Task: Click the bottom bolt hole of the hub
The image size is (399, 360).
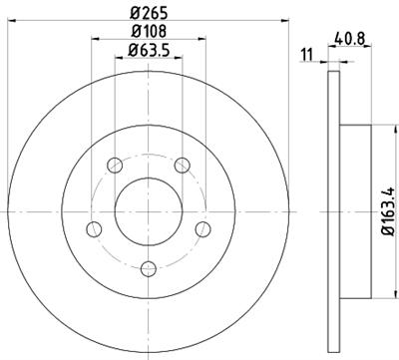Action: (149, 267)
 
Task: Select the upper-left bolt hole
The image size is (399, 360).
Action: (116, 166)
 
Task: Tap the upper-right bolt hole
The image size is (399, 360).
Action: (183, 166)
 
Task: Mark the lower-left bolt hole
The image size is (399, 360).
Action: (95, 228)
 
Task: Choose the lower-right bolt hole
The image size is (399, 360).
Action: (202, 228)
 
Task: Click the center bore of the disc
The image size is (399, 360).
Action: (149, 211)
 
